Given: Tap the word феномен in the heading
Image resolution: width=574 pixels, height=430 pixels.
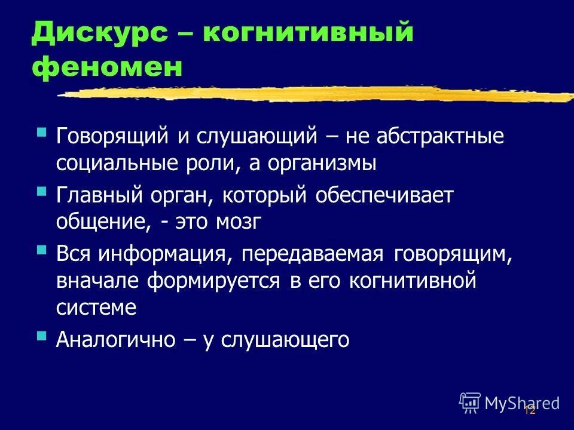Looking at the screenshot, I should (x=107, y=67).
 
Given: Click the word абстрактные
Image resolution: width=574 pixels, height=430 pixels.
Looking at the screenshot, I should (x=441, y=136).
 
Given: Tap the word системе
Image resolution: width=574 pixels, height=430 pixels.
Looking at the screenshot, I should (x=96, y=308).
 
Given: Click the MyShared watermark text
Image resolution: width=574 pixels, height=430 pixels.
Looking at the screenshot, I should (x=521, y=403).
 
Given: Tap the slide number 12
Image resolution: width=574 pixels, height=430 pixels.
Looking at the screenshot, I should (x=529, y=410).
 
